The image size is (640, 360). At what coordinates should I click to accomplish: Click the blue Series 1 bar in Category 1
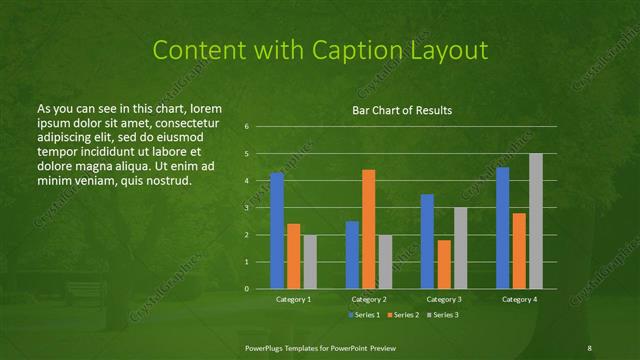[x=277, y=231]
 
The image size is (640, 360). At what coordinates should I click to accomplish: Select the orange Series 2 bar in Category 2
[x=368, y=229]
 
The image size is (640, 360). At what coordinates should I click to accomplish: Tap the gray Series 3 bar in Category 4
[x=535, y=221]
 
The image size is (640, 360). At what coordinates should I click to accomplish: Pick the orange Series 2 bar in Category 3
[x=443, y=264]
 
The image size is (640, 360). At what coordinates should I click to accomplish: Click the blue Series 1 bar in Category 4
[x=502, y=228]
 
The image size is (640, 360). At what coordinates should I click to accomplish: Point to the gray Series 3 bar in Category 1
[x=310, y=262]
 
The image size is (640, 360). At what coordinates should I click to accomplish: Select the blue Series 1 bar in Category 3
[x=427, y=241]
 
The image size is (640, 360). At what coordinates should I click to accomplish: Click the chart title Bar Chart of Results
[x=403, y=110]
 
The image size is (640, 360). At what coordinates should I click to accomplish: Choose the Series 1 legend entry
[x=363, y=315]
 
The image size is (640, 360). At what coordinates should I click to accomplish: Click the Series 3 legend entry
[x=443, y=315]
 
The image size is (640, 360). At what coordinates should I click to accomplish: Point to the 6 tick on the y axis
[x=247, y=127]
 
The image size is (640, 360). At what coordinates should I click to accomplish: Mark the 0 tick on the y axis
[x=247, y=289]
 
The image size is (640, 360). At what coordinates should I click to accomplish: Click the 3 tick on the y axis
[x=247, y=208]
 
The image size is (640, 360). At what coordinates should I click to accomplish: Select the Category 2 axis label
[x=368, y=299]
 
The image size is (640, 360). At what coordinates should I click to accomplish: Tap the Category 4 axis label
[x=518, y=299]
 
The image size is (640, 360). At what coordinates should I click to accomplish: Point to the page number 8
[x=590, y=346]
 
